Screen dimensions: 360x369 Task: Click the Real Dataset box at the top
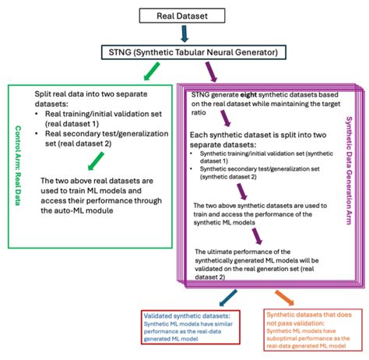184,14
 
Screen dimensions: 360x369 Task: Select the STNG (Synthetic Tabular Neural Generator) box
184,53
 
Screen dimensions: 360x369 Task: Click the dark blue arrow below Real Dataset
184,34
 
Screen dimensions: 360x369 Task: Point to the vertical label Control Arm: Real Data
18,163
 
